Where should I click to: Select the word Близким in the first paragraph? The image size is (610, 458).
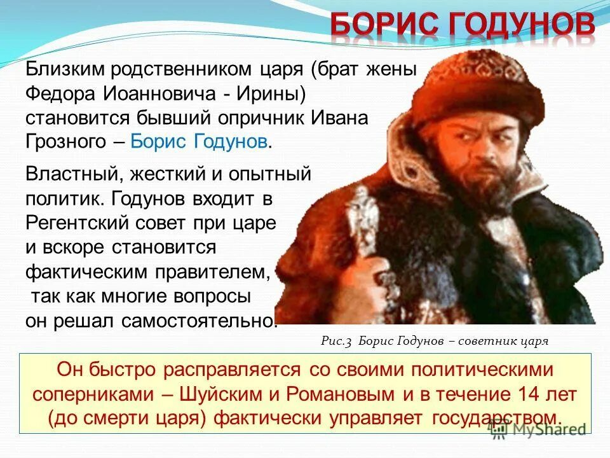[64, 70]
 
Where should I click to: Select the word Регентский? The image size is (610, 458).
[74, 223]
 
